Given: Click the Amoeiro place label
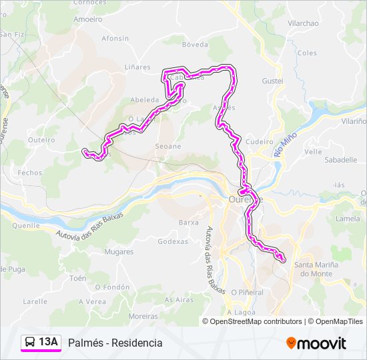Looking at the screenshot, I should (88, 19).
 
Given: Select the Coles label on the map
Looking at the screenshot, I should (307, 53).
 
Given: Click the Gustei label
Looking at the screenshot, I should (273, 81).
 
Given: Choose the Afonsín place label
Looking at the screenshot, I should (115, 39).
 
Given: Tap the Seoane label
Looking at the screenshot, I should (167, 146).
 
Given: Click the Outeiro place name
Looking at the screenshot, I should (41, 139).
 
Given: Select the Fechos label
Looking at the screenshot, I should (30, 172).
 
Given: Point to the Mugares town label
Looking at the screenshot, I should (119, 253).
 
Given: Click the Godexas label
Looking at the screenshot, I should (173, 241).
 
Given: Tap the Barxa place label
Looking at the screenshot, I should (189, 222).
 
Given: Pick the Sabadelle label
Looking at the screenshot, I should (340, 160).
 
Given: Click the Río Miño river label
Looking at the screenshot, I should (285, 144).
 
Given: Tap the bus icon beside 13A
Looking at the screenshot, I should (30, 342).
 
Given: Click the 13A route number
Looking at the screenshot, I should (48, 342).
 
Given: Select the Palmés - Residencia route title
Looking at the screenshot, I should (115, 343).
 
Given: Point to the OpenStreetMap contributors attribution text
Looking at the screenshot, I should (256, 321).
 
